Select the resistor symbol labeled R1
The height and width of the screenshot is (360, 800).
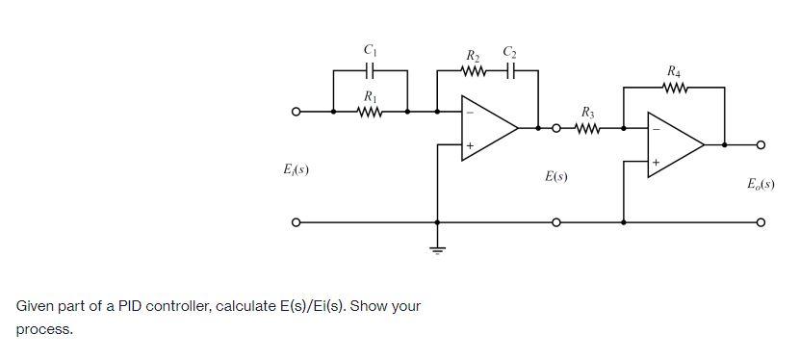click(370, 112)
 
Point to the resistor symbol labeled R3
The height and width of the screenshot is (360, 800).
click(588, 127)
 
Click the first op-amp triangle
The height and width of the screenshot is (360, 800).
click(486, 127)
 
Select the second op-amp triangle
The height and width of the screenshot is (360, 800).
click(673, 144)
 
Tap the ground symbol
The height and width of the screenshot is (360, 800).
click(438, 248)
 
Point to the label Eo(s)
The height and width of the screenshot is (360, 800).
click(761, 183)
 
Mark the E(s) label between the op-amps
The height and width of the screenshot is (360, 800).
click(555, 177)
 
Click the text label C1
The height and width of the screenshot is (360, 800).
click(370, 49)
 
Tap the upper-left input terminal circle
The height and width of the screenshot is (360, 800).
click(298, 113)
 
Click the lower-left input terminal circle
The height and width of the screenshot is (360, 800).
click(298, 223)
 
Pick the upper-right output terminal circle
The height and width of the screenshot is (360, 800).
click(761, 144)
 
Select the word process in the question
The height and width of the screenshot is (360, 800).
click(44, 329)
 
